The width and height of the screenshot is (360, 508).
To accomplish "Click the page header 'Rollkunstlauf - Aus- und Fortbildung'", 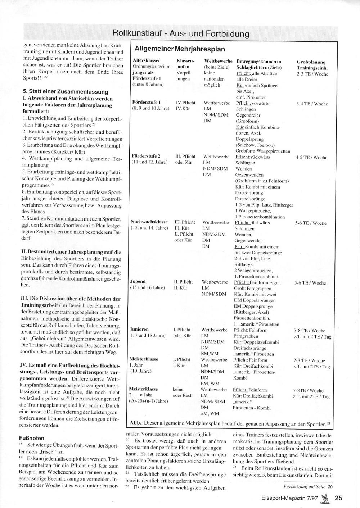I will tap(181, 34).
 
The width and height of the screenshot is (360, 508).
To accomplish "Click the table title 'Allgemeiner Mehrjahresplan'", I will tap(180, 49).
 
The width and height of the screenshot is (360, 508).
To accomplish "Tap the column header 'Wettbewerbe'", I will tap(218, 61).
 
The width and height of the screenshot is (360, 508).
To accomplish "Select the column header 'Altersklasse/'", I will tap(146, 61).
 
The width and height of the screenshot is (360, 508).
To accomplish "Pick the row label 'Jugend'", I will tap(138, 281).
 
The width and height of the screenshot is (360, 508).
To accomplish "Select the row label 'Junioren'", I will tap(139, 329).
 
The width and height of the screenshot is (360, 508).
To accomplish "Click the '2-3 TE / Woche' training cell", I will tap(312, 74).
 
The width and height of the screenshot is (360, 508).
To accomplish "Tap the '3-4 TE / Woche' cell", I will tap(312, 104).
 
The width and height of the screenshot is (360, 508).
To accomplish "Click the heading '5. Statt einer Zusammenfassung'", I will tap(66, 92).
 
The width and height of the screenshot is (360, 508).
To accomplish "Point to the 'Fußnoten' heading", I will tap(32, 438).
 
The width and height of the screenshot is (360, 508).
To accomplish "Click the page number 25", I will tap(338, 498).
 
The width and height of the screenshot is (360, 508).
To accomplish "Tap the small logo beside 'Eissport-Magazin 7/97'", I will tap(325, 498).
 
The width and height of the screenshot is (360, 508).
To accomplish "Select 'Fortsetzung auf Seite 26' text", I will tap(308, 486).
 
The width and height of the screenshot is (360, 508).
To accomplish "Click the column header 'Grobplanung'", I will tap(312, 62).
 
